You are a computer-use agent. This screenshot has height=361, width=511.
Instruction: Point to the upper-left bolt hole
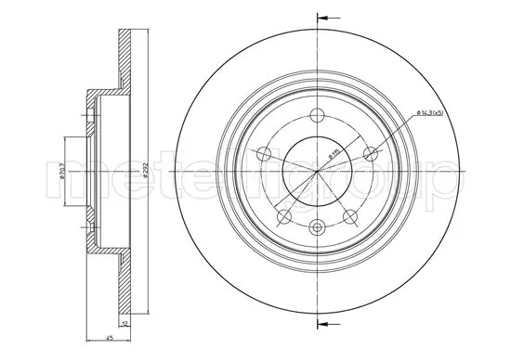(x=264, y=153)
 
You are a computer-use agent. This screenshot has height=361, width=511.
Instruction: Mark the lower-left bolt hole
(x=283, y=215)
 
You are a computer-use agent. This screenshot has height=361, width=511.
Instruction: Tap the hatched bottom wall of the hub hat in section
(x=102, y=249)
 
